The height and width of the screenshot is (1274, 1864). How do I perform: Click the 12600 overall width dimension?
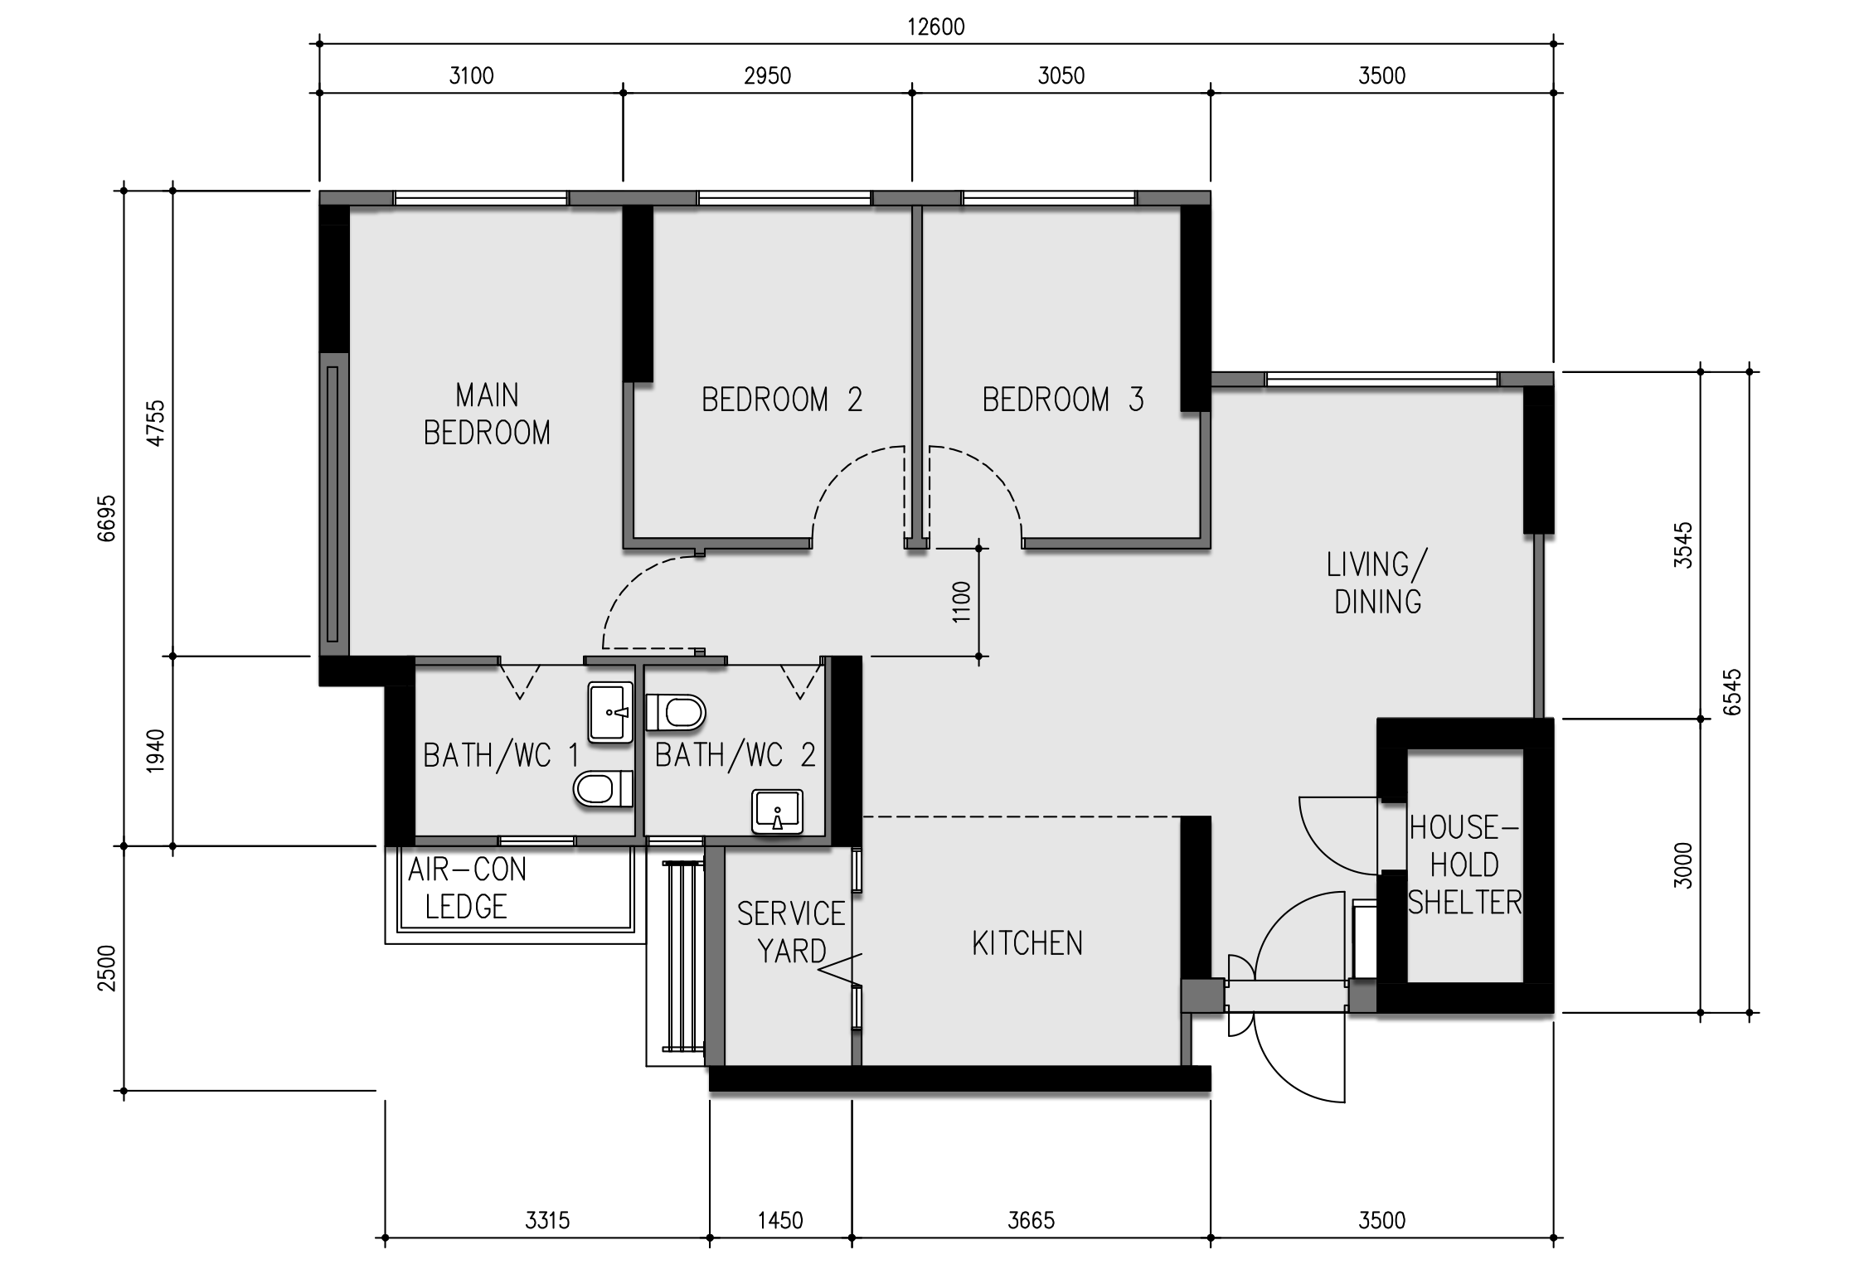point(935,27)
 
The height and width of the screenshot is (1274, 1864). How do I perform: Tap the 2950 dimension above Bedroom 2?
point(767,76)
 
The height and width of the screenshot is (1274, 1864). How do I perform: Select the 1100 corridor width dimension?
point(961,602)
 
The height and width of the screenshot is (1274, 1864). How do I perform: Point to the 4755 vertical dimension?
point(156,423)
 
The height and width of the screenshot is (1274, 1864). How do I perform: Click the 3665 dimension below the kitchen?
point(1031,1220)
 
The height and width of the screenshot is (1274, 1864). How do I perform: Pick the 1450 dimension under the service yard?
point(780,1220)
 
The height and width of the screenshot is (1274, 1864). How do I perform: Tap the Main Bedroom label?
point(487,414)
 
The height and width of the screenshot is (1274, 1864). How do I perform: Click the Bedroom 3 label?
point(1063,400)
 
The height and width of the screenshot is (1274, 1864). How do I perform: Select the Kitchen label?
point(1027,943)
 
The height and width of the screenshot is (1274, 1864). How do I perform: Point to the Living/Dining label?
point(1377,583)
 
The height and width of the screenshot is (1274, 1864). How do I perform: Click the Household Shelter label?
point(1464,865)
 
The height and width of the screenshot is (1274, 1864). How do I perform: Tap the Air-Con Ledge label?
point(467,888)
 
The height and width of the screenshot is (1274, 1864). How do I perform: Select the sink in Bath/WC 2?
point(777,811)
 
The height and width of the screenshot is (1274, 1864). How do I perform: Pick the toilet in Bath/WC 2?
point(675,712)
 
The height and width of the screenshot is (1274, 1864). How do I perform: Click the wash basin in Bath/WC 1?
point(610,711)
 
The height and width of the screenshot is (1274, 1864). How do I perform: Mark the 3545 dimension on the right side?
point(1682,545)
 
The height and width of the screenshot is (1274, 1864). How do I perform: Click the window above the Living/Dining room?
point(1381,380)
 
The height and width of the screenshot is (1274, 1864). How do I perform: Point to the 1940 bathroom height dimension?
point(156,750)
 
